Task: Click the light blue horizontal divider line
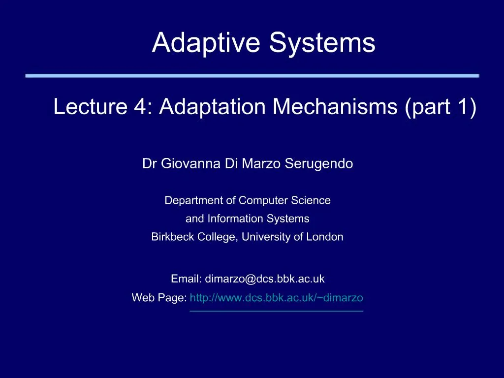click(x=252, y=76)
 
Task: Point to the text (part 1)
click(x=440, y=107)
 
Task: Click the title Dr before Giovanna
click(x=148, y=164)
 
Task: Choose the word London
click(x=324, y=237)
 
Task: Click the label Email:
click(x=186, y=279)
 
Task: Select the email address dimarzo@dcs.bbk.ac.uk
click(x=265, y=279)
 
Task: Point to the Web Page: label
click(x=159, y=298)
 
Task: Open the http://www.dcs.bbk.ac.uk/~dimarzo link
click(x=276, y=298)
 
